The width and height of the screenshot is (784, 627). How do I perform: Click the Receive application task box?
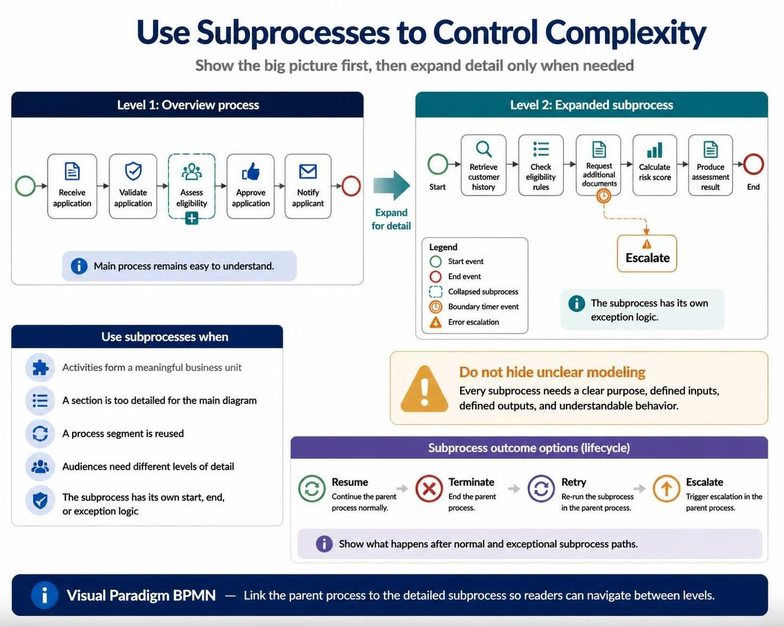click(72, 186)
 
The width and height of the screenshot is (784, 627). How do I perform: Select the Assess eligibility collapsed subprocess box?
click(192, 186)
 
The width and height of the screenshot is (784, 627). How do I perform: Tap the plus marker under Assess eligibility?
click(192, 218)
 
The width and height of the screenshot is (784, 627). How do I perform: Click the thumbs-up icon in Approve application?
click(251, 171)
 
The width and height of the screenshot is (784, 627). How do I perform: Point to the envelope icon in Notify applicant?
click(308, 171)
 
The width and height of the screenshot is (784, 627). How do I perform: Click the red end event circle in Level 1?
click(351, 186)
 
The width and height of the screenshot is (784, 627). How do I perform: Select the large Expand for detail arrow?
click(391, 186)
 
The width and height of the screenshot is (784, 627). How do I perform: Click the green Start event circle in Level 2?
click(437, 164)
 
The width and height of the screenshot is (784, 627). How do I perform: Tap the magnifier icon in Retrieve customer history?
click(484, 149)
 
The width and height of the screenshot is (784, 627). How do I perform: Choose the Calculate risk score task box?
click(655, 165)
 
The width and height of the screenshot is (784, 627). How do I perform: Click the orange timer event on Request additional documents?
click(604, 196)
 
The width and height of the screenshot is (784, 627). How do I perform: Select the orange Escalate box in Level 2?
click(647, 253)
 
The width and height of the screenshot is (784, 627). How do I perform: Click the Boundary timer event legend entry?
click(474, 307)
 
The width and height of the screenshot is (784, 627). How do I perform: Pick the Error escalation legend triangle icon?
click(436, 322)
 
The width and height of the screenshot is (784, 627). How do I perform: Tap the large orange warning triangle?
click(424, 388)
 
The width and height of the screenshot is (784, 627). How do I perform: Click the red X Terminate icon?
click(429, 488)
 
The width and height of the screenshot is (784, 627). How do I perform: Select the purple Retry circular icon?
click(541, 488)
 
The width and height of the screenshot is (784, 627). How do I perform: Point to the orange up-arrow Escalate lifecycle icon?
click(667, 488)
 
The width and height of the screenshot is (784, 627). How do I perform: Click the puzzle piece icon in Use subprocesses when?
click(40, 368)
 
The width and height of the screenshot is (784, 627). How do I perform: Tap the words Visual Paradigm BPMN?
click(141, 595)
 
